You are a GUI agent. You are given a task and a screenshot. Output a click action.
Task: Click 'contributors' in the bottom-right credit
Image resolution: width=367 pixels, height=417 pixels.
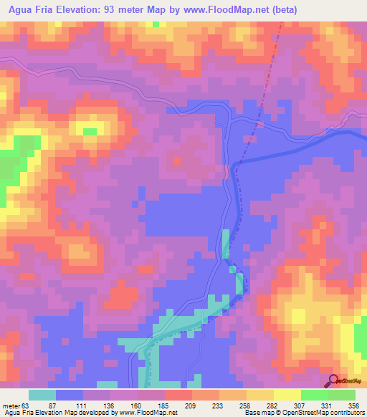(348, 412)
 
